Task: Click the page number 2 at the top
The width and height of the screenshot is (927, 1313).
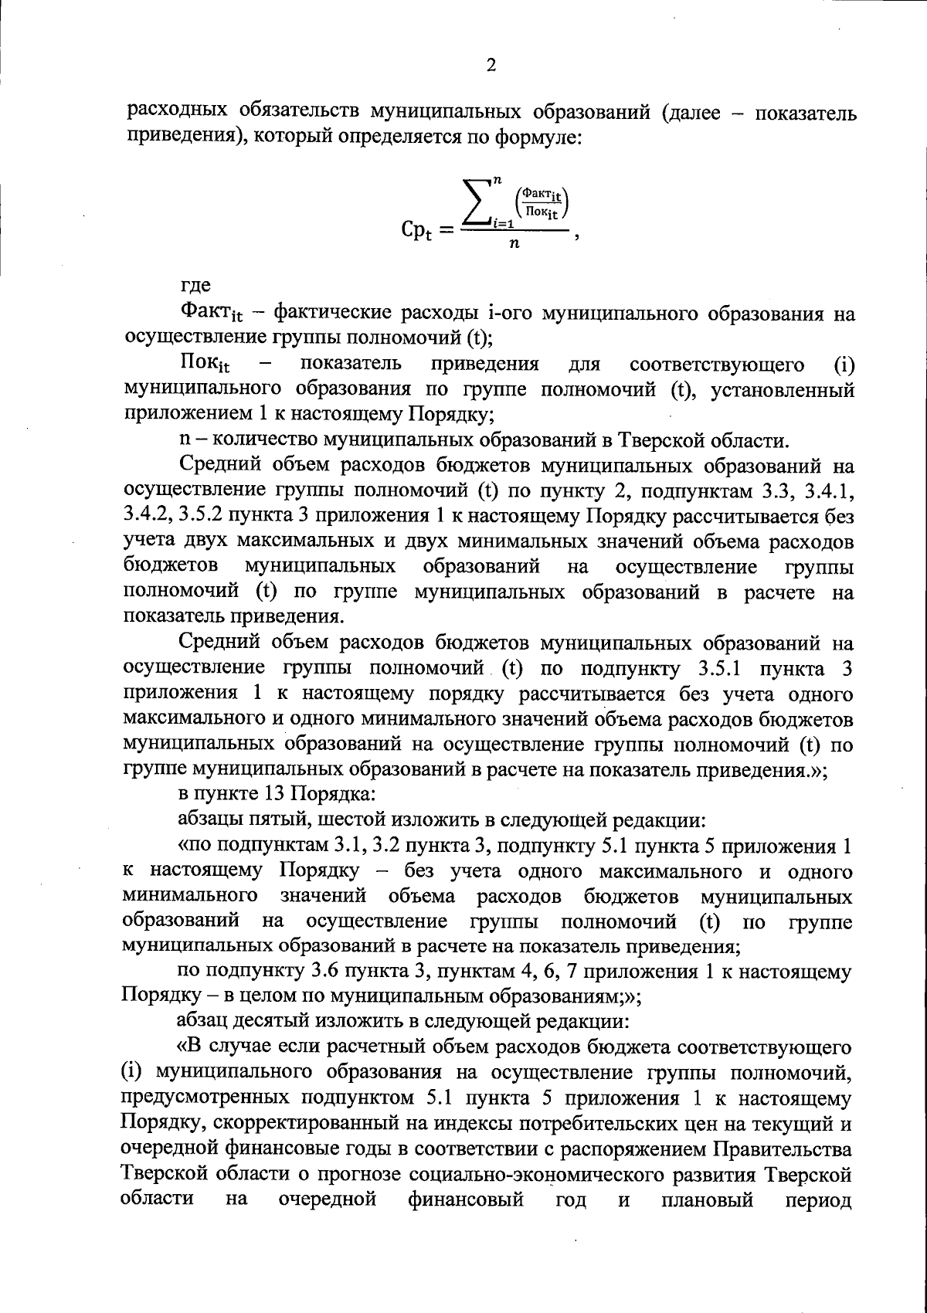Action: (x=490, y=65)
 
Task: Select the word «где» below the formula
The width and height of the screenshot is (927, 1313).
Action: (x=195, y=286)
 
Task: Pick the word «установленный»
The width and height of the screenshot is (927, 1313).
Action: (x=782, y=389)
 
